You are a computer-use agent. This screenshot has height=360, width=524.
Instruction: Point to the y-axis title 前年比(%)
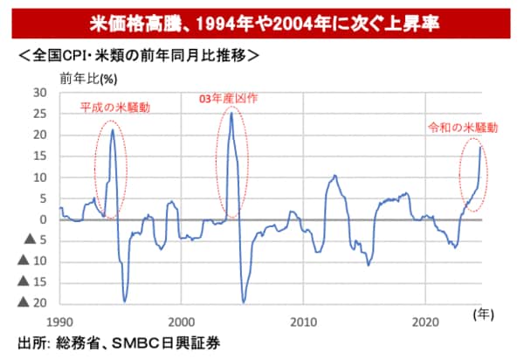pos(88,78)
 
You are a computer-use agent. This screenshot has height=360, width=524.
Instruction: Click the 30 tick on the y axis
pos(39,93)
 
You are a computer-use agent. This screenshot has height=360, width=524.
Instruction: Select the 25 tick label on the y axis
pos(39,114)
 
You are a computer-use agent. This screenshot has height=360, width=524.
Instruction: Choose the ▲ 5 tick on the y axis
pos(35,241)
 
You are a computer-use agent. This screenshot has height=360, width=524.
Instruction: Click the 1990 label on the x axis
pos(60,320)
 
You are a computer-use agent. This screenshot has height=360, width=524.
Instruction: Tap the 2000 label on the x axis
pos(182,320)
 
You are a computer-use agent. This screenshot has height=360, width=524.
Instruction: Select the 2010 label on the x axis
pos(304,320)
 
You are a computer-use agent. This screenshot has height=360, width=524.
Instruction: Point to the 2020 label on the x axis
pos(425,320)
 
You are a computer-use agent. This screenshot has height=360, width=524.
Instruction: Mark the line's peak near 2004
pos(231,113)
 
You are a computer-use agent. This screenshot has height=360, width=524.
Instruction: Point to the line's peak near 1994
pos(113,129)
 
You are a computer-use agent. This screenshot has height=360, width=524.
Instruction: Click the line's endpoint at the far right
pos(480,148)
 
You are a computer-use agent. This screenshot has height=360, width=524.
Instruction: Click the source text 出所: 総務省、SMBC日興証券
pos(118,343)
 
